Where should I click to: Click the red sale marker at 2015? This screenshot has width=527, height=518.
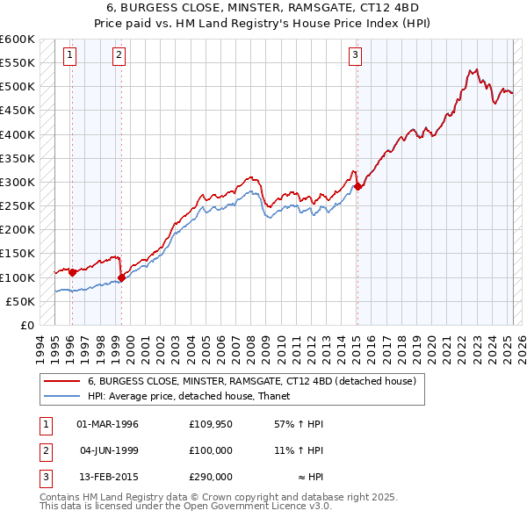coord(357,187)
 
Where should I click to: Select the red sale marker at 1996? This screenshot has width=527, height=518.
coord(72,272)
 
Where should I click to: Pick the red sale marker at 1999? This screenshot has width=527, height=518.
coord(121,277)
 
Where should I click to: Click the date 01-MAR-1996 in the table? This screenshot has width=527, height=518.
coord(108,425)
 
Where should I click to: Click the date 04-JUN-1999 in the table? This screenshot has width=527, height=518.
coord(108,450)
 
